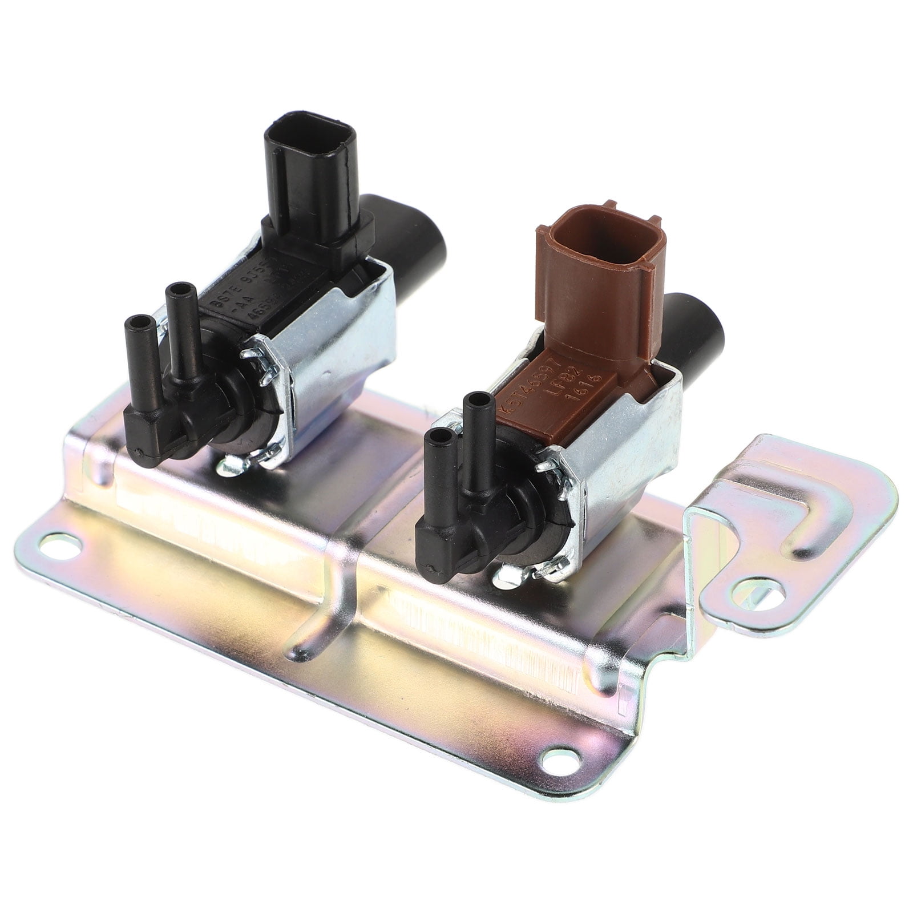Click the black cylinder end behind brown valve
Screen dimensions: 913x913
(696, 331)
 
